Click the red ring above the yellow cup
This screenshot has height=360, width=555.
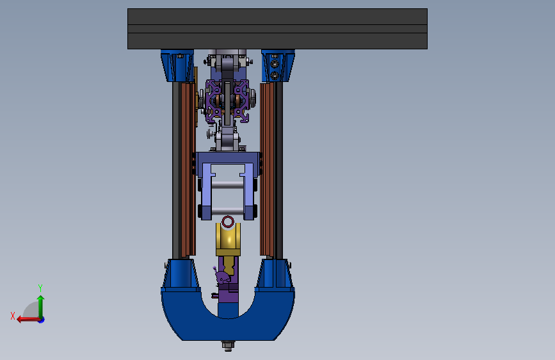pos(228,218)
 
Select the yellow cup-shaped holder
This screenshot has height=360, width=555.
pos(229,239)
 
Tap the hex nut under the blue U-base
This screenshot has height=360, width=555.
pos(229,345)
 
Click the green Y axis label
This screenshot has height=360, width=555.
pos(40,288)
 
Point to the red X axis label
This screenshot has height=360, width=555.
pos(13,316)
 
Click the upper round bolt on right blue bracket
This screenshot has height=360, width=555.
pos(275,64)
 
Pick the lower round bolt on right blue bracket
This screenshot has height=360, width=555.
pos(275,76)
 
